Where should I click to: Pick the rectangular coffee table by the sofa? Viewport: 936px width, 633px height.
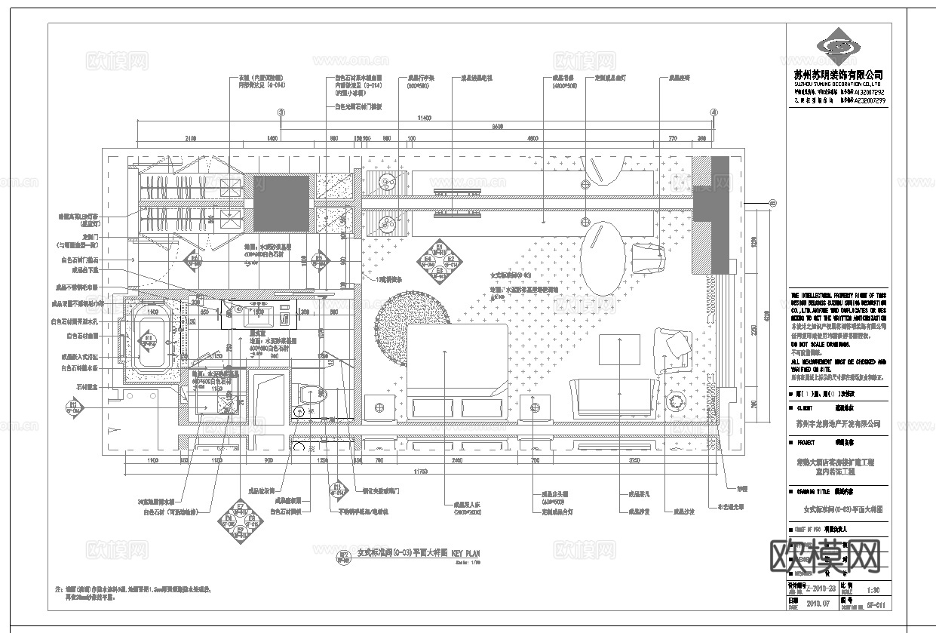619,354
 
